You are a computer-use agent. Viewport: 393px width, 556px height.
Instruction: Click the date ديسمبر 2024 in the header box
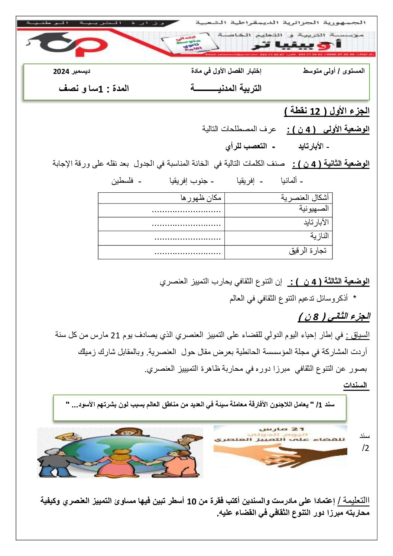(71, 71)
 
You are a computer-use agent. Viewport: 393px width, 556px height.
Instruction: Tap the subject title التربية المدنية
(226, 88)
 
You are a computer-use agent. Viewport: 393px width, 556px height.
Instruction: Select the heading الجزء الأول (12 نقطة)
(327, 111)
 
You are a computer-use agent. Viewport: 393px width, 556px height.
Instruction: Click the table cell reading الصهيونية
(314, 209)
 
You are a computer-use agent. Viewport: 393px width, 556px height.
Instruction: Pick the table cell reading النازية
(319, 236)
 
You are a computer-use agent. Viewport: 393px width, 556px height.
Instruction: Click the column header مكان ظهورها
(201, 198)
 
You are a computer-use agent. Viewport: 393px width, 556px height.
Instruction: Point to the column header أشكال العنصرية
(305, 198)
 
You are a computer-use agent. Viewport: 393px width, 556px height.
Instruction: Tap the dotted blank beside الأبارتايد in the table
(186, 224)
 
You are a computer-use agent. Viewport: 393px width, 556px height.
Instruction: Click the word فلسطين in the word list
(123, 181)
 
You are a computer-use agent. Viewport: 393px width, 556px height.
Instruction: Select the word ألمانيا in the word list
(289, 181)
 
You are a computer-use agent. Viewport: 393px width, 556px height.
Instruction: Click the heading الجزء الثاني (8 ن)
(334, 316)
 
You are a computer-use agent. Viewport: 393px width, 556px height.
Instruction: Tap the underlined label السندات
(355, 385)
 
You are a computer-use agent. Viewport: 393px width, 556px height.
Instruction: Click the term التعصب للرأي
(246, 146)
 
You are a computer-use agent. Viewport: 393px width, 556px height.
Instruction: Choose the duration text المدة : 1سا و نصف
(94, 89)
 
